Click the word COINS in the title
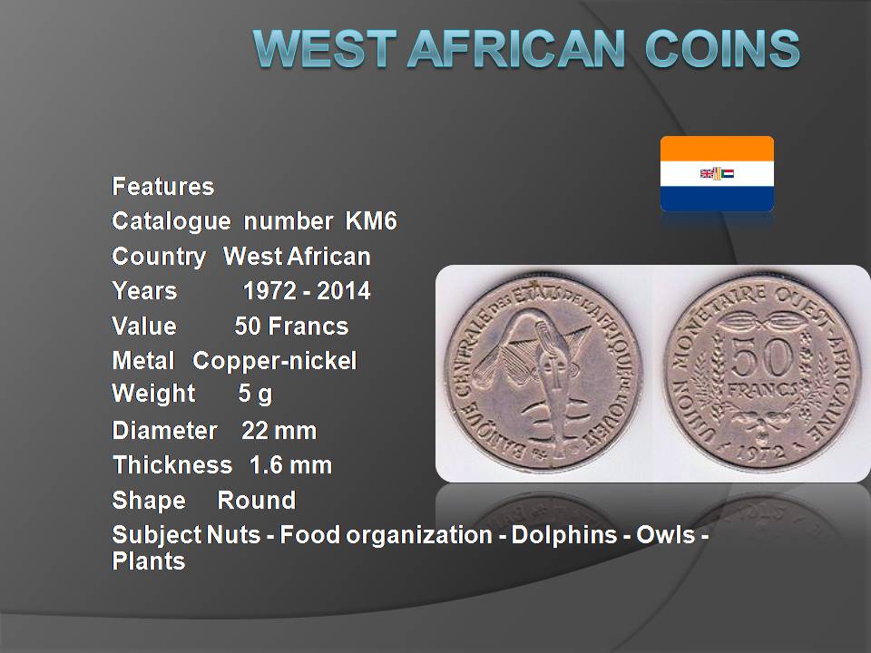pos(723,48)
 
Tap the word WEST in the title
pos(325,48)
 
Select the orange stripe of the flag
pos(717,149)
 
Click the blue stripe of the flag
pos(717,199)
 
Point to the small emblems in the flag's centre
pos(717,173)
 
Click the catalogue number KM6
pos(371,221)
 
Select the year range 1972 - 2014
pos(307,290)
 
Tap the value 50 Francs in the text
pos(291,326)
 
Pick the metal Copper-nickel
pos(274,361)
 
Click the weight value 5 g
pos(255,394)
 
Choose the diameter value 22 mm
pos(279,431)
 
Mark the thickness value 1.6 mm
pos(290,465)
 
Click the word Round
pos(256,501)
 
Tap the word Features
pos(162,187)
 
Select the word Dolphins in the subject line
pos(563,535)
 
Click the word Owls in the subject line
pos(665,535)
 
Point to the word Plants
pos(148,560)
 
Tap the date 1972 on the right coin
pos(761,452)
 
